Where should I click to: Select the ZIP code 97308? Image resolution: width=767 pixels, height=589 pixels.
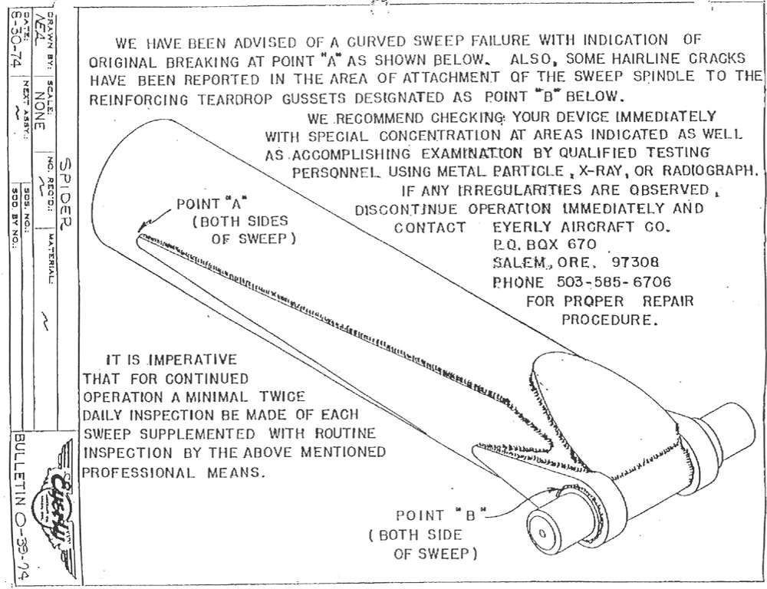click(x=628, y=262)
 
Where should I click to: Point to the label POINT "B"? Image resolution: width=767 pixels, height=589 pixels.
click(x=436, y=516)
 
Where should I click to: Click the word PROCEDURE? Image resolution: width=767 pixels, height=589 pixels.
click(x=610, y=319)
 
